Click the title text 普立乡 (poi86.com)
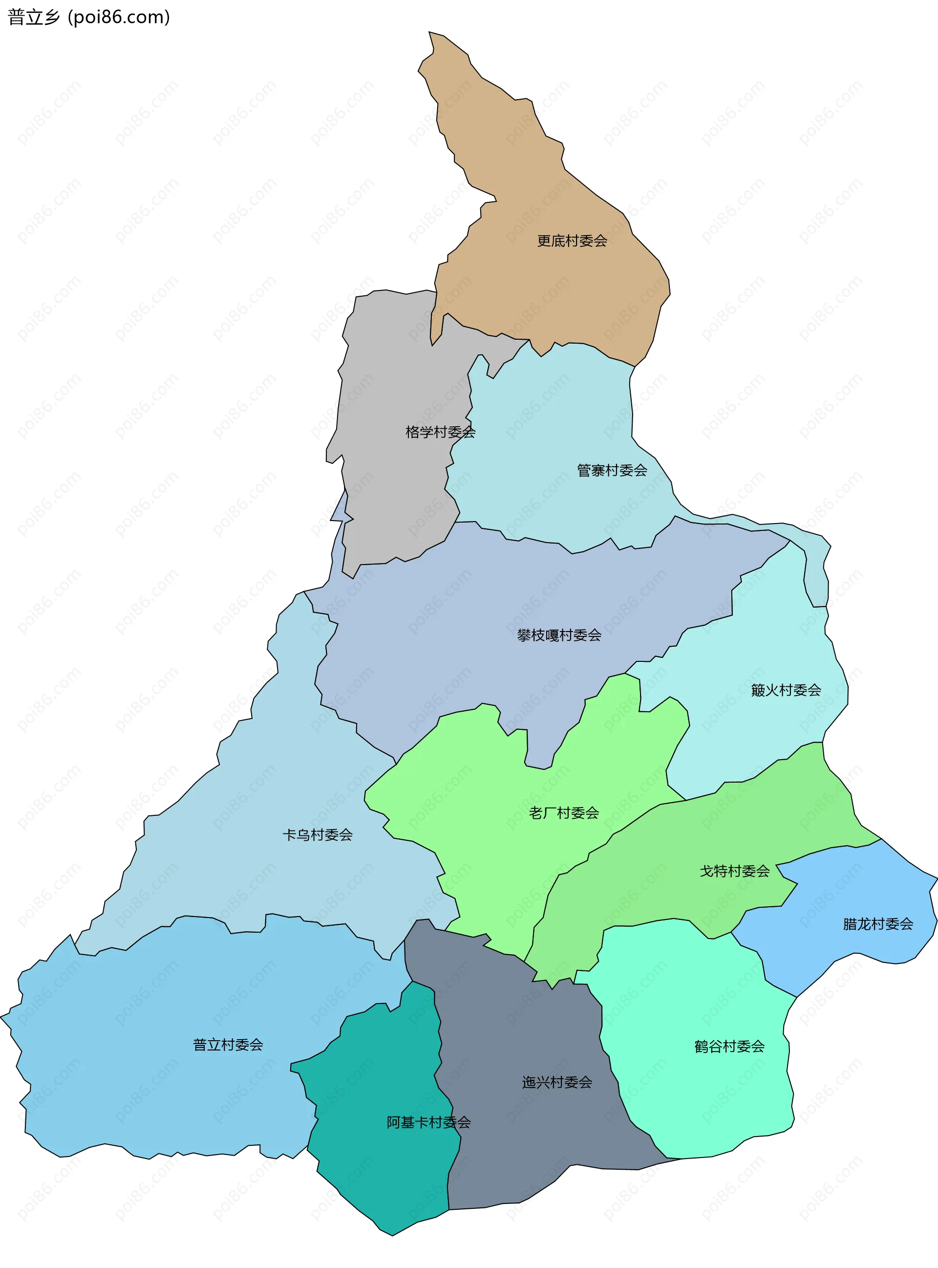tap(88, 17)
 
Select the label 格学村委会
tap(440, 432)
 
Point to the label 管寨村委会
tap(612, 470)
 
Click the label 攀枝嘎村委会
tap(559, 635)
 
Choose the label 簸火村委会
tap(786, 690)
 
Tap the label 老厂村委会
tap(564, 813)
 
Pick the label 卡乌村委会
tap(318, 834)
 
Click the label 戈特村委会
tap(734, 871)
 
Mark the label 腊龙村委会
tap(878, 924)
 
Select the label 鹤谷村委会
tap(729, 1047)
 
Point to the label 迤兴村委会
tap(556, 1082)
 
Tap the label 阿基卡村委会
tap(428, 1122)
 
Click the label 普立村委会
tap(228, 1045)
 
